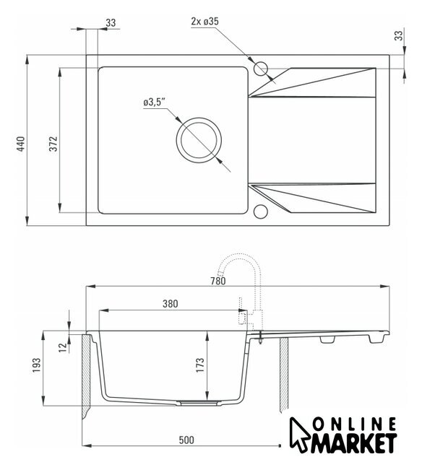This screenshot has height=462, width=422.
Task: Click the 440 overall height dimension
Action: click(x=21, y=144)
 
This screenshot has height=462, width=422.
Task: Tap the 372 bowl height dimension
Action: click(x=53, y=144)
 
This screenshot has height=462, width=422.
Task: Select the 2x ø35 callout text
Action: click(x=204, y=21)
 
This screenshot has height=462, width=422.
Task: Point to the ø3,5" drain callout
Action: click(x=154, y=102)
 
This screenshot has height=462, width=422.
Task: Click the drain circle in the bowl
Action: click(x=199, y=140)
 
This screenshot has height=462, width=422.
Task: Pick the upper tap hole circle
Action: click(x=260, y=69)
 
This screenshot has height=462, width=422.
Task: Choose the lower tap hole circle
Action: click(x=260, y=212)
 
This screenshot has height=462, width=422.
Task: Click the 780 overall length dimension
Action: click(x=218, y=281)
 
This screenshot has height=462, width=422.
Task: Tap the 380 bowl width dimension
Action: click(x=170, y=303)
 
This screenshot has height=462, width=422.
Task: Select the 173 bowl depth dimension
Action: click(x=200, y=365)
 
